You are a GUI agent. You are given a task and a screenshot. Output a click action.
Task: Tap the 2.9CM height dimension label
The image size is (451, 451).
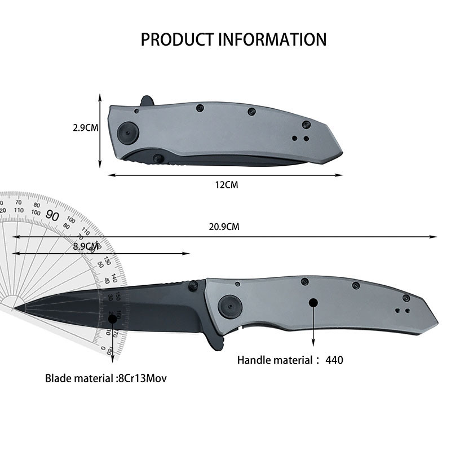point(86,128)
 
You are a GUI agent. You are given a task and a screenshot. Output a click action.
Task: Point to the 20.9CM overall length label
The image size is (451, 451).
point(224,227)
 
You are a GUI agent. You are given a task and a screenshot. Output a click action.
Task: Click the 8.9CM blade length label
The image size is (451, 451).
point(86,246)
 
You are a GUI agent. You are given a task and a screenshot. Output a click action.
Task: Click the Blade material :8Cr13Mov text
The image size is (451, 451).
point(106,379)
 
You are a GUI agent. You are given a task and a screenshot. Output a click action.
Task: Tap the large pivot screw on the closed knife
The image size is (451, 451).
point(127,133)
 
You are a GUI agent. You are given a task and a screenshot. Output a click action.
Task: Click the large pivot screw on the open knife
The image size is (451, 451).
point(228,305)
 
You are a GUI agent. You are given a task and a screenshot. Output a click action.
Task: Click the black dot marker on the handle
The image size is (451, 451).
point(313,303)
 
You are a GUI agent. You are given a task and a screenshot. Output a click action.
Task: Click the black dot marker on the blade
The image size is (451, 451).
point(112,319)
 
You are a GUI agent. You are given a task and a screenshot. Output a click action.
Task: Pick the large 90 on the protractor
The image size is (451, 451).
point(53,215)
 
